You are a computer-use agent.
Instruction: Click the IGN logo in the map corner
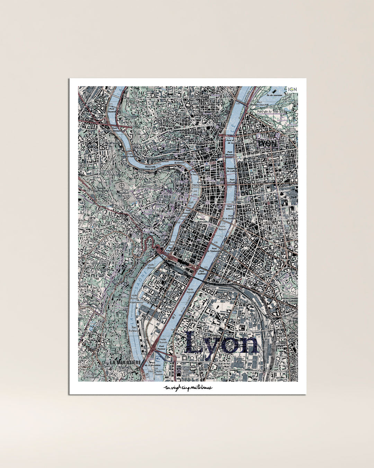293,89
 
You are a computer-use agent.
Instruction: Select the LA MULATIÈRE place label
125,362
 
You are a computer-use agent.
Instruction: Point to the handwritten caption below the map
188,388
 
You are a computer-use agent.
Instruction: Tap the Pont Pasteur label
162,347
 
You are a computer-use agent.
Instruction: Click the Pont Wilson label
230,208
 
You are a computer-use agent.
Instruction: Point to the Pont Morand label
230,153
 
